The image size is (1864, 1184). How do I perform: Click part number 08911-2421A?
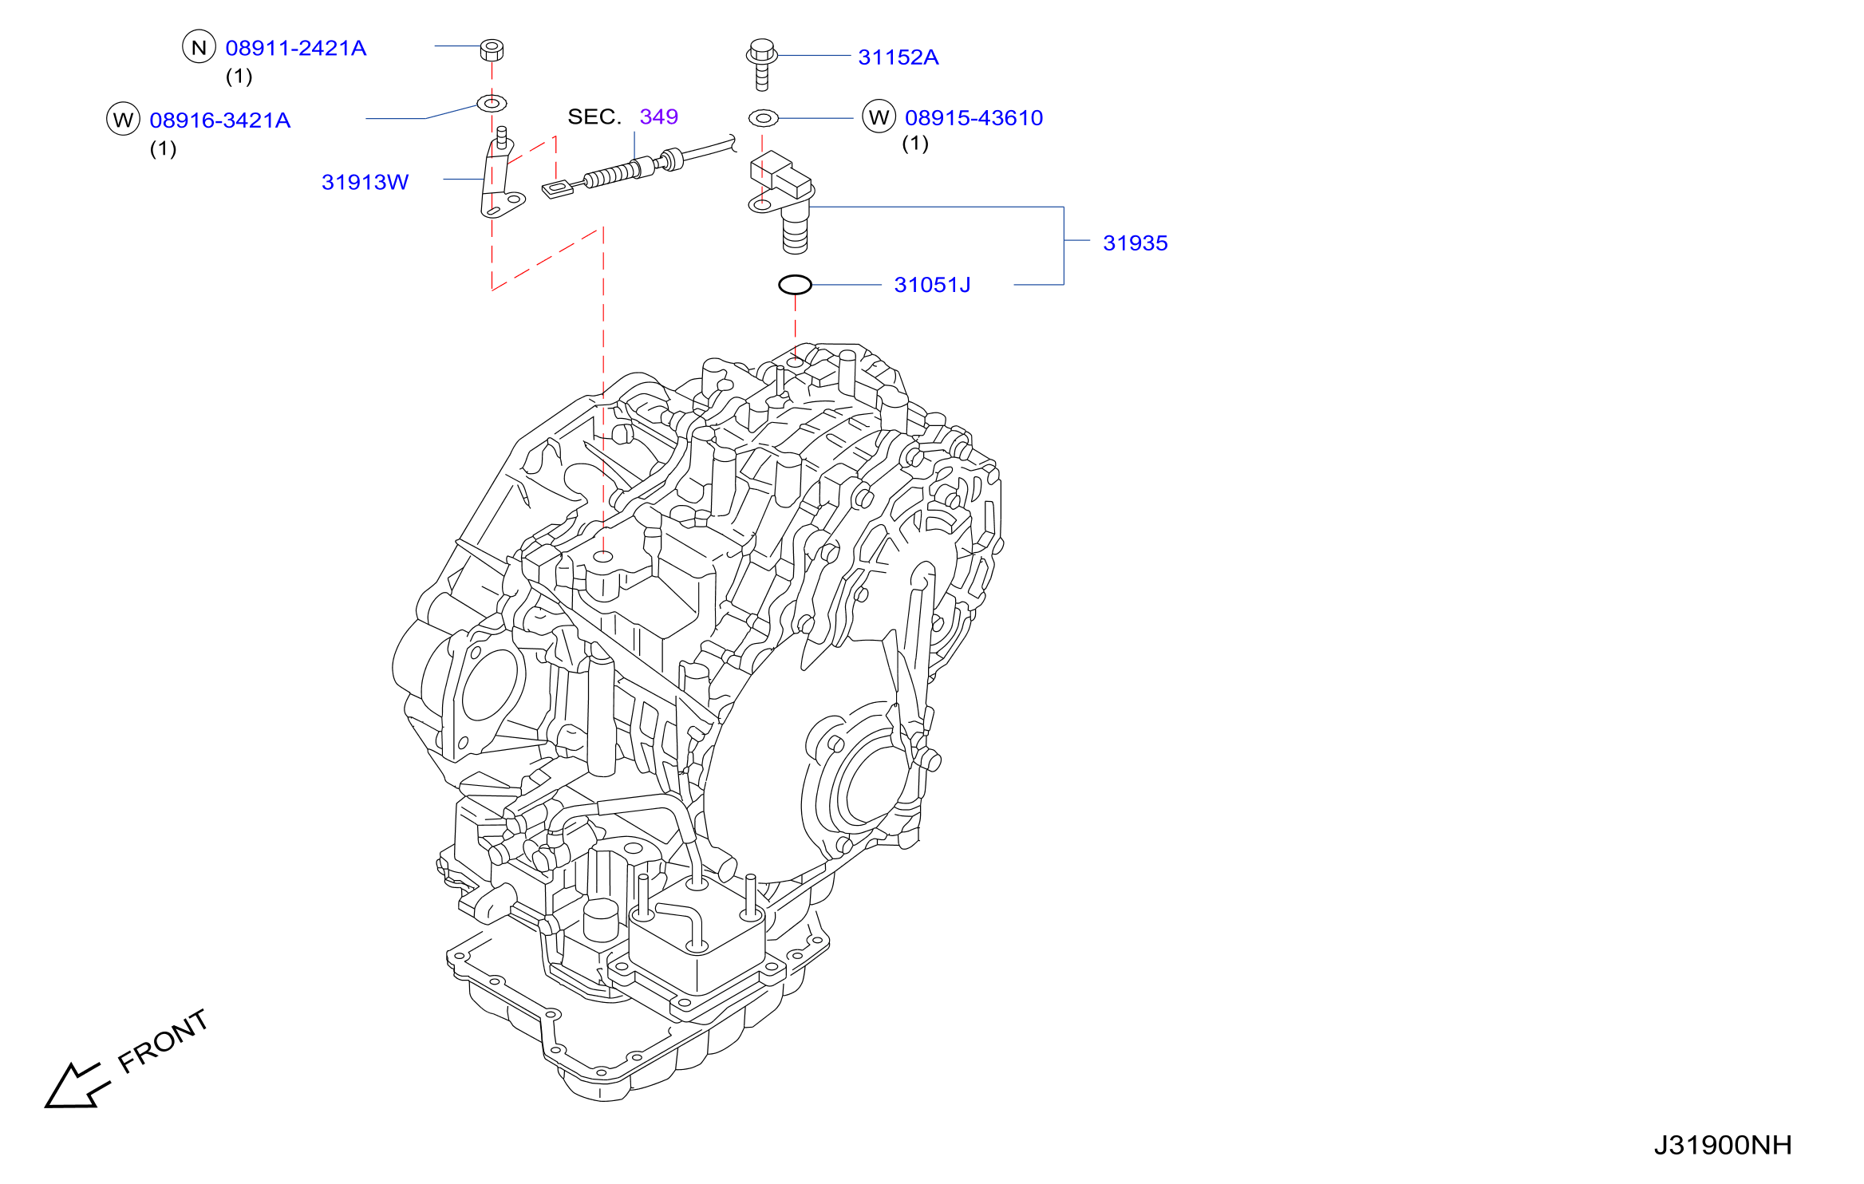click(296, 49)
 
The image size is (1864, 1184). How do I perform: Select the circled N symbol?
click(199, 47)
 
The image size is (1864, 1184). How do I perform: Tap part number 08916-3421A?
click(220, 120)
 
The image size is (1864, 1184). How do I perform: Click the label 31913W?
click(365, 182)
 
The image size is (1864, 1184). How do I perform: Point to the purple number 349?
click(659, 116)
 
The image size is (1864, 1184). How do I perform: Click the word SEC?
click(594, 116)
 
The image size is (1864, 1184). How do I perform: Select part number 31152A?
click(898, 57)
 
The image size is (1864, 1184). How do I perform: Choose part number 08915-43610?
click(973, 118)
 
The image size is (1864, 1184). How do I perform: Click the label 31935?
click(1135, 243)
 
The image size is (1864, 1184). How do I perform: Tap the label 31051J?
click(932, 285)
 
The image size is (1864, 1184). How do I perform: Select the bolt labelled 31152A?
click(762, 64)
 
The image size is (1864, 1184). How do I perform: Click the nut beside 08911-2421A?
click(492, 49)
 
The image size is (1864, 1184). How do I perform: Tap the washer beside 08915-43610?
click(764, 119)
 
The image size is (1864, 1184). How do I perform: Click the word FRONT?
click(164, 1041)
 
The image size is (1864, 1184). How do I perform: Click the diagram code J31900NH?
click(1723, 1146)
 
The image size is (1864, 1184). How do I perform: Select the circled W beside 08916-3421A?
click(123, 119)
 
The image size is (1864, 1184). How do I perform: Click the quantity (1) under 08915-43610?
click(915, 144)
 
